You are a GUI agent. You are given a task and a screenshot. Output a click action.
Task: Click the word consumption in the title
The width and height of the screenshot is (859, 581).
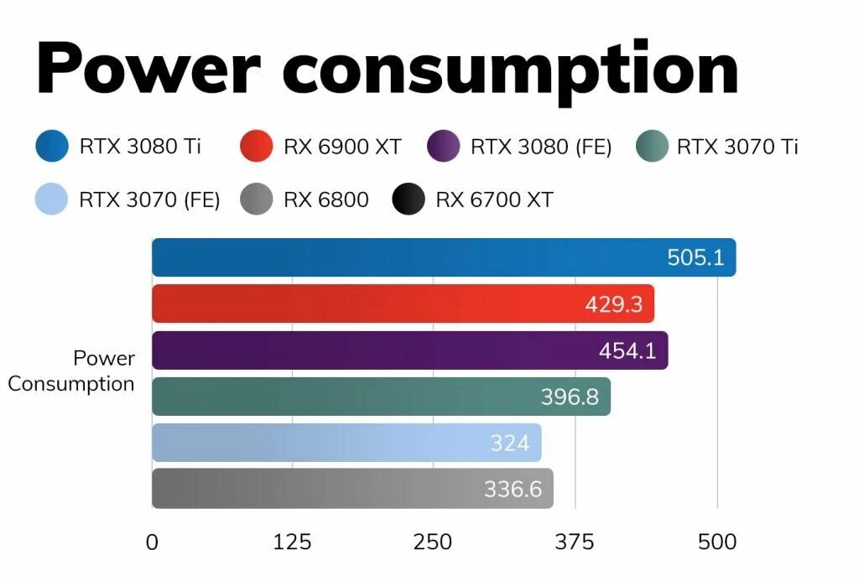(510, 69)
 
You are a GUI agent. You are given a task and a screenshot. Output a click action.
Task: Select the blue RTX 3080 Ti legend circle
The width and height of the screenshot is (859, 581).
(52, 147)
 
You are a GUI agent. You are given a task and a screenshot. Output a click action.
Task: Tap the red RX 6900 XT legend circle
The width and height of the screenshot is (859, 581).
(256, 147)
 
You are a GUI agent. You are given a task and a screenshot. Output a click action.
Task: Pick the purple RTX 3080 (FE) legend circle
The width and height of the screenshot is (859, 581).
(444, 147)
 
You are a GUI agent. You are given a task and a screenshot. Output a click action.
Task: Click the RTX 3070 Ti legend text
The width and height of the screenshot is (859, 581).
(737, 147)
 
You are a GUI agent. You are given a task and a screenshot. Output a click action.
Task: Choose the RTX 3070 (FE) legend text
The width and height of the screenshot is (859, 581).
(149, 200)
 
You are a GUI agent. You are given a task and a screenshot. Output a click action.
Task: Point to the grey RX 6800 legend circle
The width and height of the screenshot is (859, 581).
(256, 200)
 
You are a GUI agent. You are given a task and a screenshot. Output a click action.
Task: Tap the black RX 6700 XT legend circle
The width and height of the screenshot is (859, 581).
(409, 200)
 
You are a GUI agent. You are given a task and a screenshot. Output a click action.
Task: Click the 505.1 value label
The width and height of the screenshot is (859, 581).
(695, 257)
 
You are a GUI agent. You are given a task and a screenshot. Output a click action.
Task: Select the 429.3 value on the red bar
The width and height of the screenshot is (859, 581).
(614, 304)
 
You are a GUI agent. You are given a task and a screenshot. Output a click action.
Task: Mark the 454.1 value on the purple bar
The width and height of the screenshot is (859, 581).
(627, 350)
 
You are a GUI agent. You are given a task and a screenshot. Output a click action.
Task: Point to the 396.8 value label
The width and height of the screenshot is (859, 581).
(570, 397)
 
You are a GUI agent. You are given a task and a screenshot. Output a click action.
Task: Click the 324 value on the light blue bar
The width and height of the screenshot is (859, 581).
(510, 443)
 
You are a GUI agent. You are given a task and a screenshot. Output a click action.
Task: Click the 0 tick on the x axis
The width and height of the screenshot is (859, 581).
(152, 542)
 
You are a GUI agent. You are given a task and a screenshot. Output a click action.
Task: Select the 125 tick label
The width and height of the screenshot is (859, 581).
(292, 542)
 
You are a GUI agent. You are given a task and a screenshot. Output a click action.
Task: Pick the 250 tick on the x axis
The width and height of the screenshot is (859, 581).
(433, 542)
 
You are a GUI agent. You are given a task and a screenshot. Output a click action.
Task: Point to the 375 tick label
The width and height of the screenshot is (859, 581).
(575, 542)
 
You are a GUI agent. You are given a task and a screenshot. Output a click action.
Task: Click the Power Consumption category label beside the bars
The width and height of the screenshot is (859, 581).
(72, 371)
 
